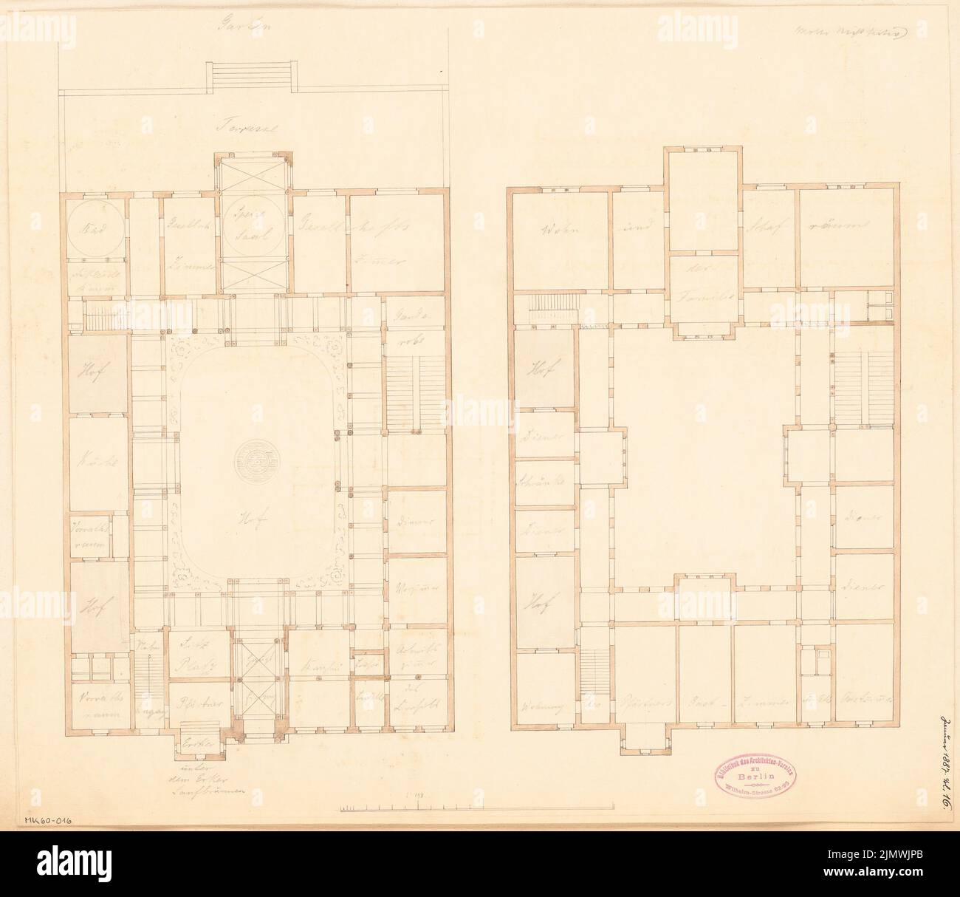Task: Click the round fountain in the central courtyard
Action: tap(256, 463)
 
